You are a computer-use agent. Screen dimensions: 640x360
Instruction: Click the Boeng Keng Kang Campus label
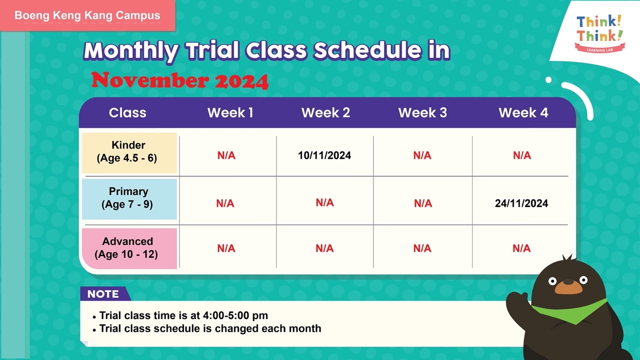click(87, 15)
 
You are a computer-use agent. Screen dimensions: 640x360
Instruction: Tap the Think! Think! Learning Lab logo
click(599, 33)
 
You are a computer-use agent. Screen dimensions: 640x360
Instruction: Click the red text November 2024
click(179, 80)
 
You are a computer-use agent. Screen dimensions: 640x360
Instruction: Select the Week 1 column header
click(230, 112)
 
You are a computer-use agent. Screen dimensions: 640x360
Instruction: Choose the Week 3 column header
click(422, 112)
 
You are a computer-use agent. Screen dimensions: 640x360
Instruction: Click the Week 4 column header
click(523, 112)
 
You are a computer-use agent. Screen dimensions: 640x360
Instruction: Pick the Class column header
click(127, 112)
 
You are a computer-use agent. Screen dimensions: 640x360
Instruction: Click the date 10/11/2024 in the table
click(324, 155)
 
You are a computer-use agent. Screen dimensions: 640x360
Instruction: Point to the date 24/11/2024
click(521, 203)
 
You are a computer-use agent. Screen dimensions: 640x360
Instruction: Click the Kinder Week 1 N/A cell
click(226, 155)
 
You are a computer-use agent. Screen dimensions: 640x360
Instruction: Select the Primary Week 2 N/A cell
click(324, 202)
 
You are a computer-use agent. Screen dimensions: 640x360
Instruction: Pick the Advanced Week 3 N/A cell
click(422, 248)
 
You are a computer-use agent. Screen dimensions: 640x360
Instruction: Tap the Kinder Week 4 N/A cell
click(522, 155)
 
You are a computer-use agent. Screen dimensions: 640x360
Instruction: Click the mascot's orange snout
click(568, 287)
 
